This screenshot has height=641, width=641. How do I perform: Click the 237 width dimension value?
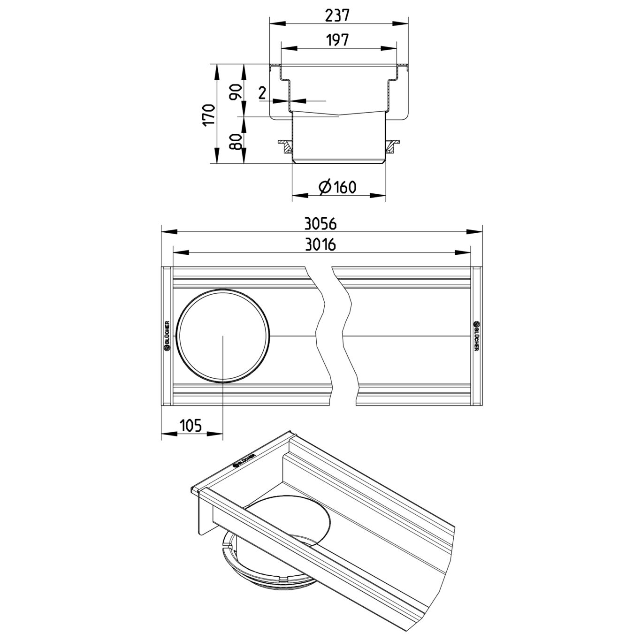(338, 15)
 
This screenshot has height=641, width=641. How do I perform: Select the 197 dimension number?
(338, 40)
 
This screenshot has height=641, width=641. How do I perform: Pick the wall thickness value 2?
(262, 93)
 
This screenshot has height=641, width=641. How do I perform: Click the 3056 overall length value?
(320, 224)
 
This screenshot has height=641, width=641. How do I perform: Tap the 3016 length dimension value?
(320, 245)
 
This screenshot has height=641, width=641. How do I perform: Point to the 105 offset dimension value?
(191, 425)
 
